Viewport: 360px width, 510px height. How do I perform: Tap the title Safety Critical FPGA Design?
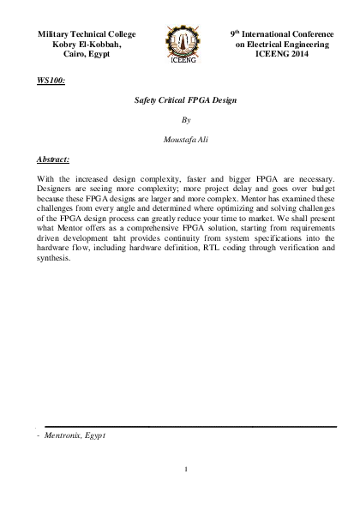click(179, 100)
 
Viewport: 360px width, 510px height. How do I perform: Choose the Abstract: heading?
click(52, 159)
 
